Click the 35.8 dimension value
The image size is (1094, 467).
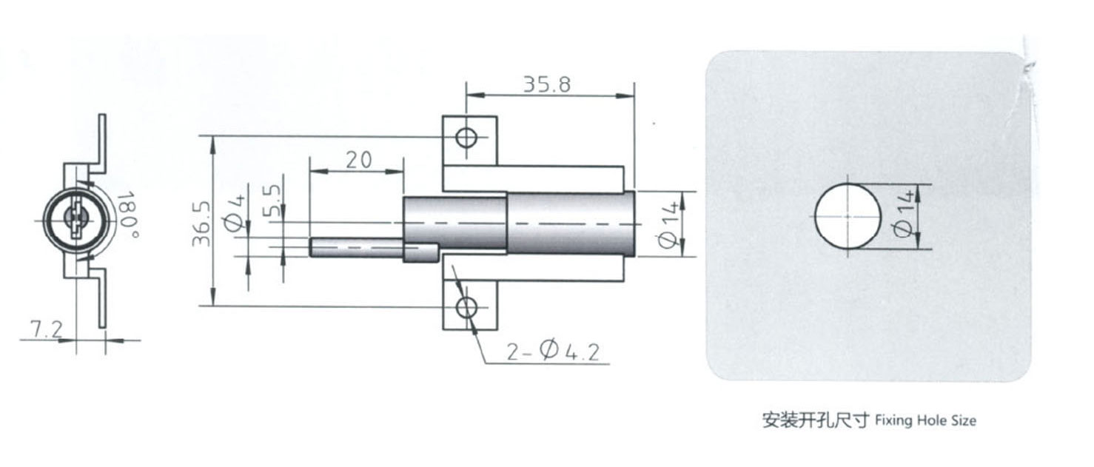[547, 84]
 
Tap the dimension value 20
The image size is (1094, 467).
[358, 160]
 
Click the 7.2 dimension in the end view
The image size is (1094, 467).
[47, 329]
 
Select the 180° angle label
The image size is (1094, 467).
[127, 210]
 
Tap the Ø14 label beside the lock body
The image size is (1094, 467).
[668, 224]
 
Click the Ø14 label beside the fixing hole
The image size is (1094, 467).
[902, 217]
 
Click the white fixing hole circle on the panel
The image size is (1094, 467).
[848, 216]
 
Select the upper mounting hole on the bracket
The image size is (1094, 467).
[466, 138]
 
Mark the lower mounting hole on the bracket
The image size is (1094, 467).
[466, 307]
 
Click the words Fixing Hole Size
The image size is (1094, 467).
[925, 421]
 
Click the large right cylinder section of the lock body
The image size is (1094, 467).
[570, 224]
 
